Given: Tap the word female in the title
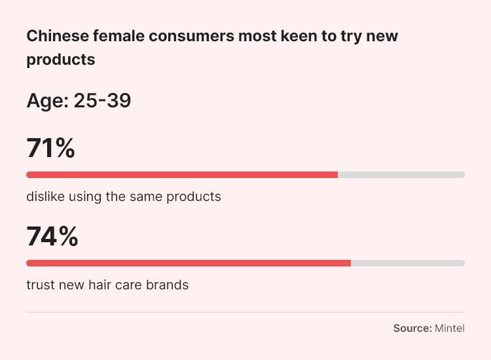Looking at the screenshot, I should (x=118, y=35).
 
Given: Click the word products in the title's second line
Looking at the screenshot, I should (x=61, y=60).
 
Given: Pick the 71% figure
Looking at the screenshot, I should (x=50, y=149).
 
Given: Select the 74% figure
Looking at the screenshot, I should (x=52, y=237).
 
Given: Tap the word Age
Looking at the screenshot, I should (x=44, y=101).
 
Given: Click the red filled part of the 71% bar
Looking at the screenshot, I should (x=182, y=175).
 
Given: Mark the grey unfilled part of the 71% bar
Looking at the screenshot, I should (x=401, y=175).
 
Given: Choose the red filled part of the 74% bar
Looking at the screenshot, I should (x=189, y=263).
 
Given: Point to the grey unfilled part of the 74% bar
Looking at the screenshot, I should (x=407, y=263).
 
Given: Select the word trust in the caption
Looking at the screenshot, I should (x=40, y=285).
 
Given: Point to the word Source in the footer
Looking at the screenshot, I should (x=412, y=328).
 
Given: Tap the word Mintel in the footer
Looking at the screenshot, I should (x=450, y=328).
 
